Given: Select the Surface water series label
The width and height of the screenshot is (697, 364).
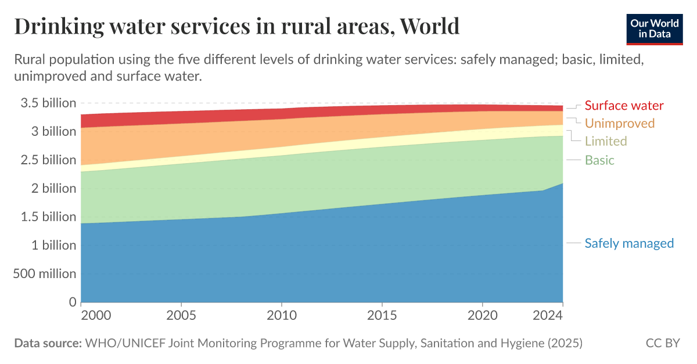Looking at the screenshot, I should click(624, 105).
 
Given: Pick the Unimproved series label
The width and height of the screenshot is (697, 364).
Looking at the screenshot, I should click(619, 123).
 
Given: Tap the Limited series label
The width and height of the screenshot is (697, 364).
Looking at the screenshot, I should click(606, 141).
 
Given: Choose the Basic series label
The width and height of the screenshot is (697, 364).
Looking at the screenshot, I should click(599, 160).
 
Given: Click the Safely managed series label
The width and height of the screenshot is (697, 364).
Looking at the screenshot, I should click(629, 243).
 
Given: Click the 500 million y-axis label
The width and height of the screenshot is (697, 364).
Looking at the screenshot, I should click(45, 273).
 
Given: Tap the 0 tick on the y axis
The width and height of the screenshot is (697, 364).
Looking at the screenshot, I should click(73, 301).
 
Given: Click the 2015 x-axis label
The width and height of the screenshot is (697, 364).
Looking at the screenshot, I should click(382, 316).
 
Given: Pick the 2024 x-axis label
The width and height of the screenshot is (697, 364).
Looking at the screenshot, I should click(548, 316).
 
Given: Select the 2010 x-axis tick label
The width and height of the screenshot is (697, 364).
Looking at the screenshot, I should click(282, 316).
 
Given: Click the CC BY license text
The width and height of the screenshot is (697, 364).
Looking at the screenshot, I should click(663, 343).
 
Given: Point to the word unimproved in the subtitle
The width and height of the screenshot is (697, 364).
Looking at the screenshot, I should click(48, 76).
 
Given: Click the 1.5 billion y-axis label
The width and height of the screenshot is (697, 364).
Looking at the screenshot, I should click(49, 217).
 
